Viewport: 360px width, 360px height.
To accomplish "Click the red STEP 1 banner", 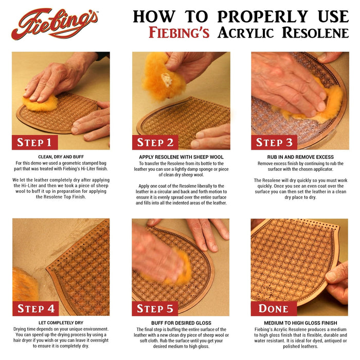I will (35, 142).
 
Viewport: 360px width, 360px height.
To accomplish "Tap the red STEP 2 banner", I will (155, 142).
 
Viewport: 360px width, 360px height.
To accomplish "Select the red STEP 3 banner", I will (275, 142).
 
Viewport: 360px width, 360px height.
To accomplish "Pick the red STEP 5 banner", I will (155, 308).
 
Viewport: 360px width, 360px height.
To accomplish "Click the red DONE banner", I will (274, 308).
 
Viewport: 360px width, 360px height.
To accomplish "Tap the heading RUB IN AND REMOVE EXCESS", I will (299, 157).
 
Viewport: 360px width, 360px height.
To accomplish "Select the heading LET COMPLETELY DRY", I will (61, 323).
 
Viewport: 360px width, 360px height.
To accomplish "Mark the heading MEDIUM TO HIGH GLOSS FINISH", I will (299, 323).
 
